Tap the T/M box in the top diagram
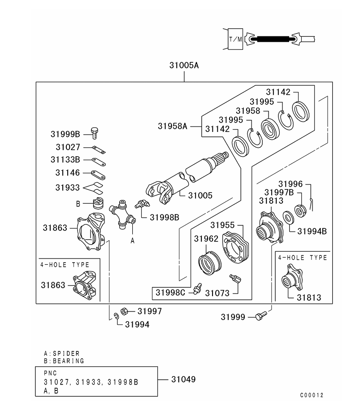235,39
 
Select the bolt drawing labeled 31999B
95,131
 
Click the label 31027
68,147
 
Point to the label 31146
68,172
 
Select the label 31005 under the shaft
200,195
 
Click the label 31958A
172,126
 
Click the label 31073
217,293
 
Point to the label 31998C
170,293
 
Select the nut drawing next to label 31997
126,311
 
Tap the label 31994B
312,231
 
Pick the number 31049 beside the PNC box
183,379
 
